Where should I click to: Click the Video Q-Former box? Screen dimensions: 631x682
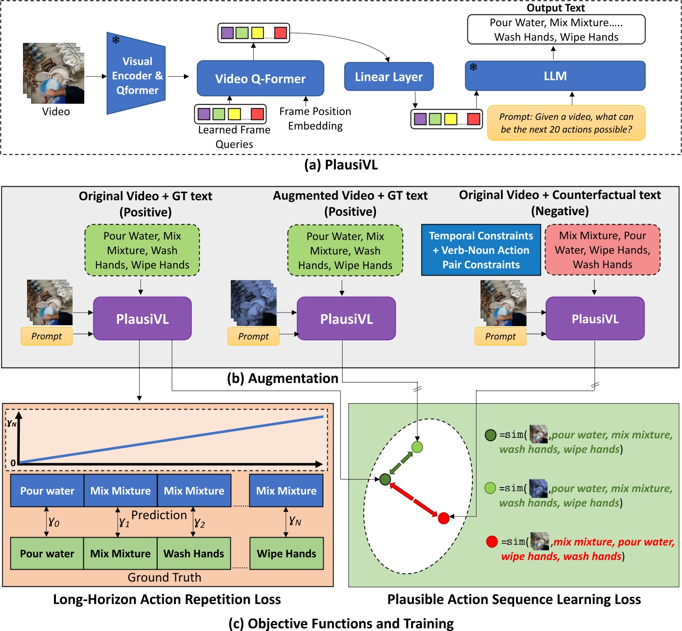(x=260, y=78)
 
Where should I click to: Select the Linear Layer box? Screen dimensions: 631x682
(x=389, y=77)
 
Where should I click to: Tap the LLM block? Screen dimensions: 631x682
(x=555, y=76)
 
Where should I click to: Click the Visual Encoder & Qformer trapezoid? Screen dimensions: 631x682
(x=136, y=74)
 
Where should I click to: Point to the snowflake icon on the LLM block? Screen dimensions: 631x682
(x=473, y=67)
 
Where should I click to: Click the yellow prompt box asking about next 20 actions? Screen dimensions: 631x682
(x=566, y=123)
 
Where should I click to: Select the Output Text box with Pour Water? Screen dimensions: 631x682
(x=556, y=30)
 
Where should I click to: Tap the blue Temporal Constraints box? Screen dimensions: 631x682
(x=481, y=250)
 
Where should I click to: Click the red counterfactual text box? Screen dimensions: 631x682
(x=602, y=250)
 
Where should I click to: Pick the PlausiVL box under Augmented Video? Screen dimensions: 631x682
(x=346, y=319)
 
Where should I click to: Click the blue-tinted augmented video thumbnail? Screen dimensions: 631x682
(x=253, y=303)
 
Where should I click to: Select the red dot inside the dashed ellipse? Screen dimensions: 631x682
(x=444, y=518)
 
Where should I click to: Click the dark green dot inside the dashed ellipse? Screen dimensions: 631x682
(x=385, y=479)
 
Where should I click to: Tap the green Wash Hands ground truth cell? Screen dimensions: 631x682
(x=194, y=553)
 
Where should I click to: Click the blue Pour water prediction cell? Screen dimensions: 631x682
(x=47, y=491)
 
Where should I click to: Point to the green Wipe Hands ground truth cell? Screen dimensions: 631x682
(x=286, y=553)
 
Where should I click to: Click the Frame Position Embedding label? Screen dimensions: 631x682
(x=315, y=119)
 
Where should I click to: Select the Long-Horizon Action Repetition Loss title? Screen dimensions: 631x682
(x=167, y=599)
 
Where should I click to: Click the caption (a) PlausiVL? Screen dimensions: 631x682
(x=341, y=165)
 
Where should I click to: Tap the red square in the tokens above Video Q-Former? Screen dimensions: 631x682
(x=280, y=33)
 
